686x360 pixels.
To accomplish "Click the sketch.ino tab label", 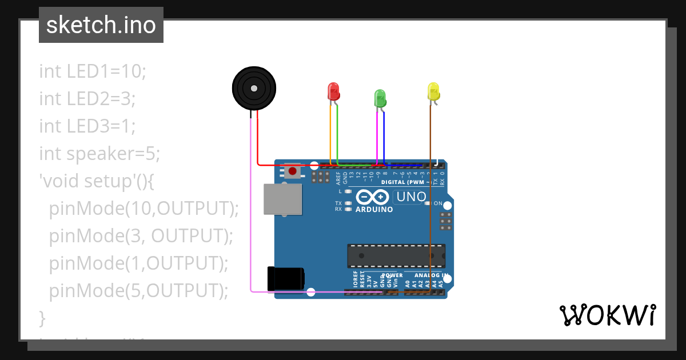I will tap(101, 25).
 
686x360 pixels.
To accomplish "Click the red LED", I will tap(333, 91).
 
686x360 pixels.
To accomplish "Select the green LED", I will tap(380, 98).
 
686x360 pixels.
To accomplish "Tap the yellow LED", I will tap(433, 91).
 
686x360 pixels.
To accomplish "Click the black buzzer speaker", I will tap(254, 88).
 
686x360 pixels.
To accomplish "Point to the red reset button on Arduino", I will tap(293, 170).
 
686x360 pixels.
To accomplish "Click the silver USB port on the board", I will tap(282, 199).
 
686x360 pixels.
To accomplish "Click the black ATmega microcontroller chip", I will tap(396, 255).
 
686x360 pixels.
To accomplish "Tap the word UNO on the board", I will tap(410, 197).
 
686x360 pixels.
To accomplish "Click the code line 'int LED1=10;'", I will tap(93, 71).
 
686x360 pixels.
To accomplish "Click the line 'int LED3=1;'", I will tap(87, 126).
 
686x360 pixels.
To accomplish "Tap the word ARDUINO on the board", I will tap(374, 210).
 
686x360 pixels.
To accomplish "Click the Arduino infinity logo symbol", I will tap(372, 197).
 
